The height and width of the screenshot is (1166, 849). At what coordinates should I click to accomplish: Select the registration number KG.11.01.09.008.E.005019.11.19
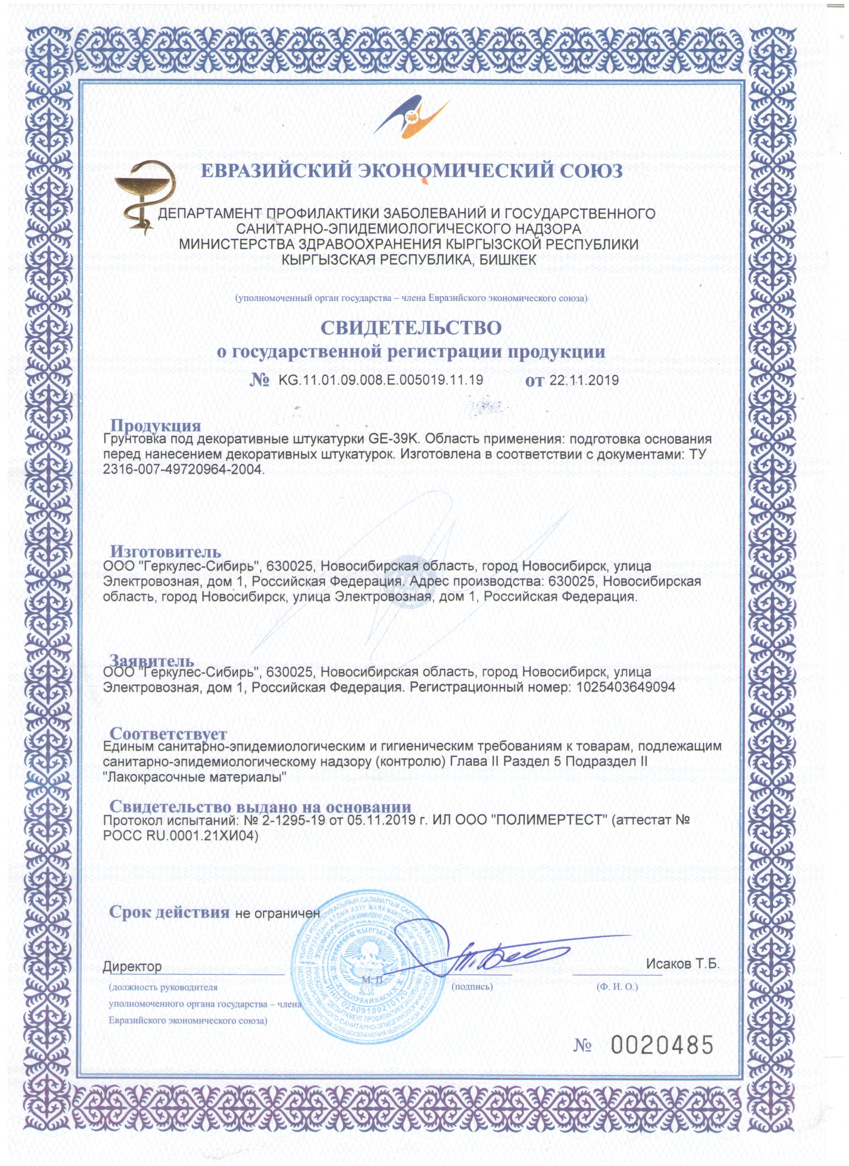click(380, 381)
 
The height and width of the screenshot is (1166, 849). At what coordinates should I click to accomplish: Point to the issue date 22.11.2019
click(584, 381)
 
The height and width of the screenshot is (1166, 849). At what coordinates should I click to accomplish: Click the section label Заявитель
click(152, 660)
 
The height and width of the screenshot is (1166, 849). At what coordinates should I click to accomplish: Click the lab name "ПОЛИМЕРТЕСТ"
click(549, 820)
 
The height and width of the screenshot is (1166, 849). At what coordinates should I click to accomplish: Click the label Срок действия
click(169, 913)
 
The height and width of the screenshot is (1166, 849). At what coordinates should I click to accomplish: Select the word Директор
click(132, 967)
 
